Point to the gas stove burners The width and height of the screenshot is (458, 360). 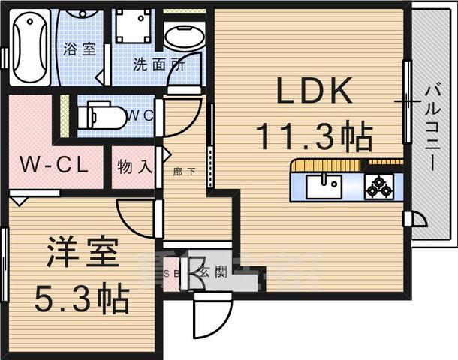point(378,186)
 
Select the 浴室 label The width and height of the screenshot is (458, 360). point(80,50)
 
